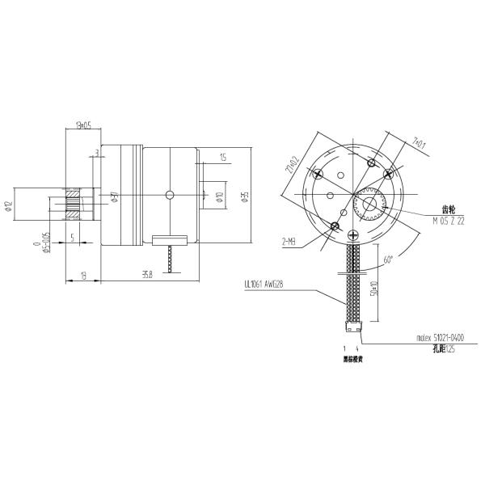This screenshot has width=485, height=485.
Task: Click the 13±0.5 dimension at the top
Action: coord(82,125)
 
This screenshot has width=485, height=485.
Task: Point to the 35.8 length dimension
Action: coord(147,275)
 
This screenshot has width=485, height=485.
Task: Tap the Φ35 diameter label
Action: coord(245,194)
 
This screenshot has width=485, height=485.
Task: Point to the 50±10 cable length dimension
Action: coord(373,289)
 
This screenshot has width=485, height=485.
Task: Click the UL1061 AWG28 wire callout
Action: coord(265,285)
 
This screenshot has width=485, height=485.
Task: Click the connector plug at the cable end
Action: coord(352,329)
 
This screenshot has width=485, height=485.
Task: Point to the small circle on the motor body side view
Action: coord(170,194)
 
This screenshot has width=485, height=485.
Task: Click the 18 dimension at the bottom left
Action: coord(84,275)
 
